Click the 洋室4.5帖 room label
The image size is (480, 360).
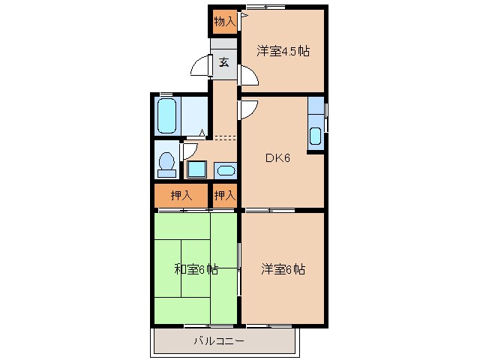pos(283,51)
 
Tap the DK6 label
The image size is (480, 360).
pos(276,158)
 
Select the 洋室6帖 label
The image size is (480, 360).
pos(283,268)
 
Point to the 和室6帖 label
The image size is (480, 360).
pos(196,268)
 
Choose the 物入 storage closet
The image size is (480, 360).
pos(224,21)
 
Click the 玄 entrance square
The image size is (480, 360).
pos(224,63)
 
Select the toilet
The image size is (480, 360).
pos(166,163)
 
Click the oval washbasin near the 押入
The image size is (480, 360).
pos(225,169)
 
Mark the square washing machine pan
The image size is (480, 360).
pos(197,169)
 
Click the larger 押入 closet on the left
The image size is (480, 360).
pos(181,195)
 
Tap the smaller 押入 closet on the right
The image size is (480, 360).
pos(225,195)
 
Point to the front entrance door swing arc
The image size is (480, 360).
pos(201,67)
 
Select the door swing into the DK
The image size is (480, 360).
pos(248,109)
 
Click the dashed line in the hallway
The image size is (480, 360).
pos(224,137)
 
